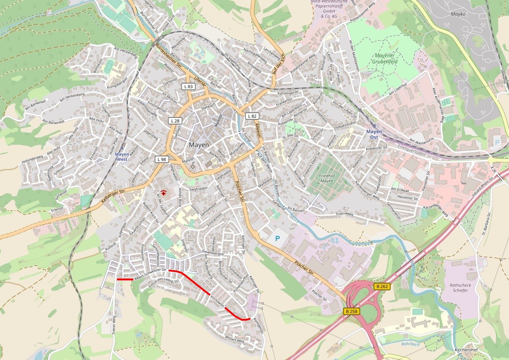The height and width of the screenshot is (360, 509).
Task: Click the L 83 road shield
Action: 188,86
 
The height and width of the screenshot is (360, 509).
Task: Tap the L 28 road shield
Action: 175,121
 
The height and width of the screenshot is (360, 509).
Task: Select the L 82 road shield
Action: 252,116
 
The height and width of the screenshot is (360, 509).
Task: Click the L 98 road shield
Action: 162,159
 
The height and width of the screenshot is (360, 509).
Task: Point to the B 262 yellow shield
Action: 382,287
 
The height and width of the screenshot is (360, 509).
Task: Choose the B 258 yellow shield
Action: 352,312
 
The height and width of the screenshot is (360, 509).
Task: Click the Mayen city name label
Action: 199,145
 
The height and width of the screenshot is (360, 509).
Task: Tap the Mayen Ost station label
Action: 374,134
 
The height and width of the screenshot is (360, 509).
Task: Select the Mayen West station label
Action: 122,157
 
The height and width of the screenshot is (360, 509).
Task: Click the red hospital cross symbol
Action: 164,192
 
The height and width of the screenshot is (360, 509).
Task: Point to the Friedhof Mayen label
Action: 327,178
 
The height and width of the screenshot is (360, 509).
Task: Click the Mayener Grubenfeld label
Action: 385,58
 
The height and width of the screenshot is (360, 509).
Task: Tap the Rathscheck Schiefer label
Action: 460,288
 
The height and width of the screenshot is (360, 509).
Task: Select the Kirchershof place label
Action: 466,350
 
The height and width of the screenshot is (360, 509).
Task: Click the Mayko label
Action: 458,14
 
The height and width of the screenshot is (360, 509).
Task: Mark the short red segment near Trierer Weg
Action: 125,280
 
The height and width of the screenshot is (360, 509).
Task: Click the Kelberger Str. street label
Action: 113,196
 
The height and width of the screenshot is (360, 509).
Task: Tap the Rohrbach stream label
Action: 410,344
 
